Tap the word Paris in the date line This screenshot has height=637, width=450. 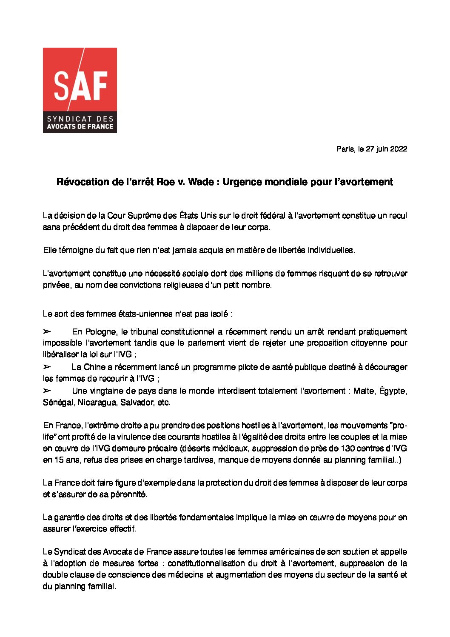344,149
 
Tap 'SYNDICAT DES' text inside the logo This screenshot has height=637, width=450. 80,119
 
